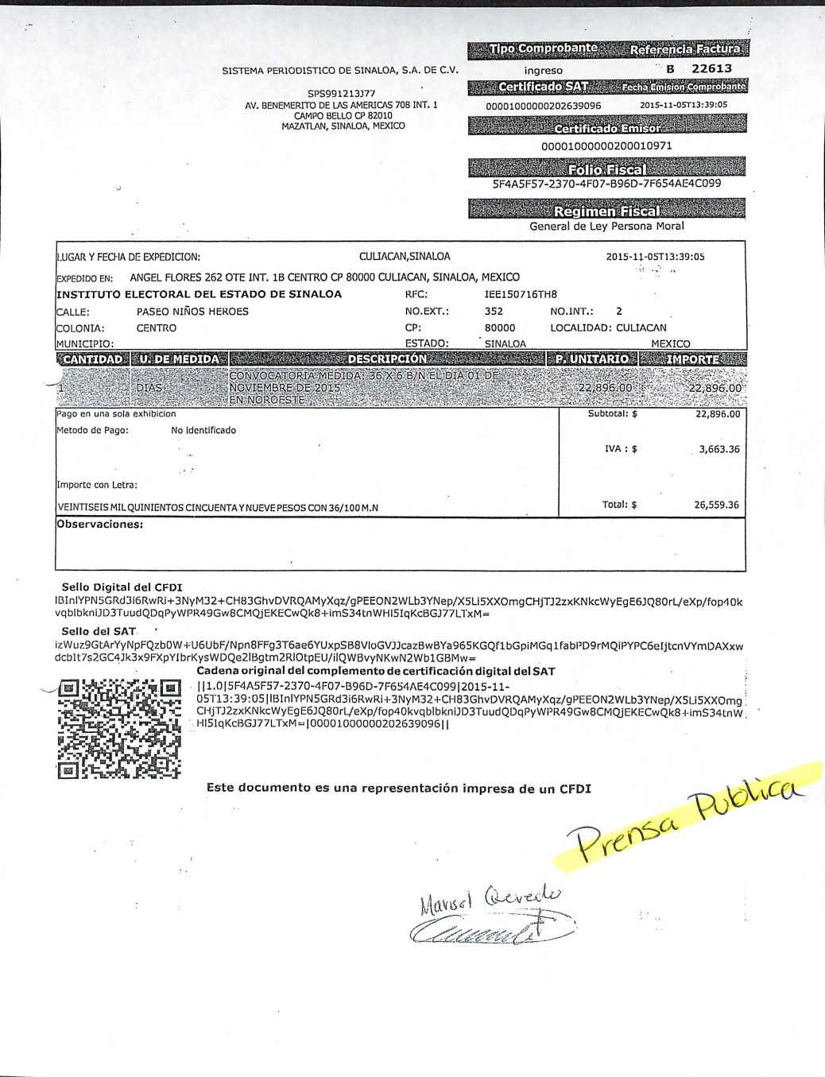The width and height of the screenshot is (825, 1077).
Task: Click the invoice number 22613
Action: click(711, 69)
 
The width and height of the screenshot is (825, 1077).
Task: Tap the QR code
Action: click(121, 727)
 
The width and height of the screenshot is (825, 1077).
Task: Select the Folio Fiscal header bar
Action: click(606, 169)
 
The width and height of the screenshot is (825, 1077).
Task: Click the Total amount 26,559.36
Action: click(716, 505)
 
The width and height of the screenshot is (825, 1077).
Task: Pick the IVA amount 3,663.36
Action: click(718, 449)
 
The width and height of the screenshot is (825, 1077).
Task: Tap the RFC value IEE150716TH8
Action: click(521, 294)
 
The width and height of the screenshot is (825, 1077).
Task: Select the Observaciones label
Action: click(100, 525)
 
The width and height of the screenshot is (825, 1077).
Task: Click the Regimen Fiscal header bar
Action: click(606, 211)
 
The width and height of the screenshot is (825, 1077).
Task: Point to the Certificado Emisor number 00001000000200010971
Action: click(606, 146)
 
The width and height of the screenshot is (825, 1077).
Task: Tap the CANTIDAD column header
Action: click(93, 359)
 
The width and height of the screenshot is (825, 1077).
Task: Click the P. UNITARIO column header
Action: click(592, 359)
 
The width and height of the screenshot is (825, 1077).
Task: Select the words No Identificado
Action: click(203, 430)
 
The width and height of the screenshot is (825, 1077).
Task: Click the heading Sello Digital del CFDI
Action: click(122, 587)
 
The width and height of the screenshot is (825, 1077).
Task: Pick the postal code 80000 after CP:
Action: click(500, 327)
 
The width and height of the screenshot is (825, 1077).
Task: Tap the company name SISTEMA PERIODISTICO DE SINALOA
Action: click(340, 71)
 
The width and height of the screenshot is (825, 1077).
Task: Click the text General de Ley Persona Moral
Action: click(606, 227)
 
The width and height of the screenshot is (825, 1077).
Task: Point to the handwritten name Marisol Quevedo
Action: click(489, 899)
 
